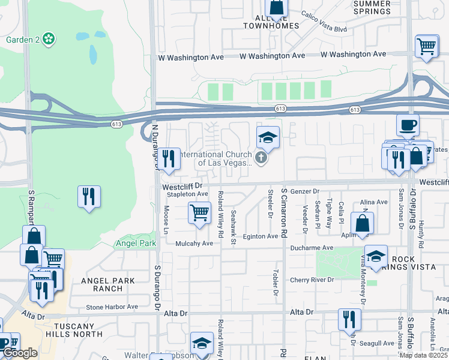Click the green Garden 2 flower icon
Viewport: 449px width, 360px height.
(x=49, y=40)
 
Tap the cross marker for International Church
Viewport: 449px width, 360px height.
(x=261, y=158)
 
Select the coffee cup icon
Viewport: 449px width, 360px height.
(x=408, y=126)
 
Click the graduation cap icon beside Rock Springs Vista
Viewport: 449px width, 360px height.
(x=376, y=256)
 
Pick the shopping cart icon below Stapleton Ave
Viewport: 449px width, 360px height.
(x=199, y=212)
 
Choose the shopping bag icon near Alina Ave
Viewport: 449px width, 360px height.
(x=362, y=223)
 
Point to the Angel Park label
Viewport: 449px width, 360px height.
(x=136, y=244)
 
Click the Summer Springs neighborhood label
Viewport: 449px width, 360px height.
(x=372, y=7)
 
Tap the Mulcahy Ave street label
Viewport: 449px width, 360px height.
(x=194, y=244)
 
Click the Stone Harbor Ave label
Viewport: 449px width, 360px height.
(x=112, y=307)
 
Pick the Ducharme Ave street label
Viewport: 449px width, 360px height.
(x=311, y=248)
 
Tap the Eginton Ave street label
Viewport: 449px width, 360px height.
(x=260, y=236)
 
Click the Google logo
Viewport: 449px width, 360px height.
(x=20, y=353)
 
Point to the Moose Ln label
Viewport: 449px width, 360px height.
(x=165, y=215)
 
